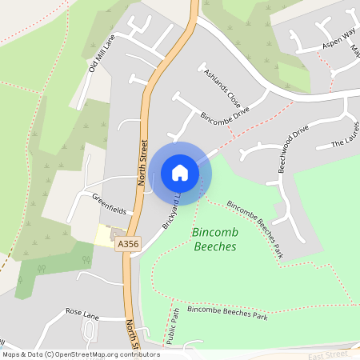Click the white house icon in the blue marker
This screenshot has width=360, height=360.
point(180,172)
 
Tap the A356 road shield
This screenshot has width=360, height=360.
point(128,244)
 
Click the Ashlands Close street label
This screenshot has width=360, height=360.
point(222,89)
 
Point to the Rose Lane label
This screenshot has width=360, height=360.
point(81,311)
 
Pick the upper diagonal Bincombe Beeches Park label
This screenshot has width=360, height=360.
point(255,228)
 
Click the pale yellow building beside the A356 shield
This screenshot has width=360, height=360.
point(105,235)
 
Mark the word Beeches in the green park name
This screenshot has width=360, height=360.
point(215,246)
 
